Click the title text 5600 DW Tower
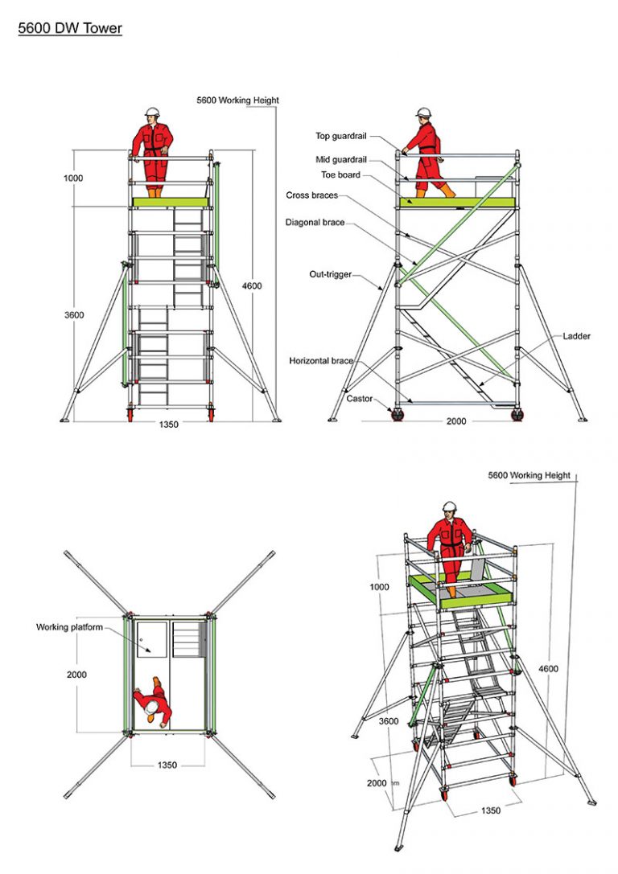click(x=70, y=29)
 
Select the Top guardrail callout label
click(x=340, y=137)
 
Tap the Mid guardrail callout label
click(x=340, y=160)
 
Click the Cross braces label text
click(x=311, y=195)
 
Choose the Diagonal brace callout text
click(x=315, y=223)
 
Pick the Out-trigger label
click(x=330, y=274)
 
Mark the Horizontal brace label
click(x=321, y=361)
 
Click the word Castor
click(x=359, y=398)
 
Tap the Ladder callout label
click(x=576, y=336)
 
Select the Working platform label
click(x=69, y=627)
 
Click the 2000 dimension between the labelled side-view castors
click(x=456, y=420)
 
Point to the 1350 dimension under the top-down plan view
click(x=166, y=765)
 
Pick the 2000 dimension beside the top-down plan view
click(x=76, y=675)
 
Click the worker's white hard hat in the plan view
click(x=150, y=706)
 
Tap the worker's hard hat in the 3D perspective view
click(x=450, y=507)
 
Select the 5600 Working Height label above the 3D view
click(x=529, y=475)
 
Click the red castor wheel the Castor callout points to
click(x=397, y=415)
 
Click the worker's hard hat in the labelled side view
click(x=424, y=113)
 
